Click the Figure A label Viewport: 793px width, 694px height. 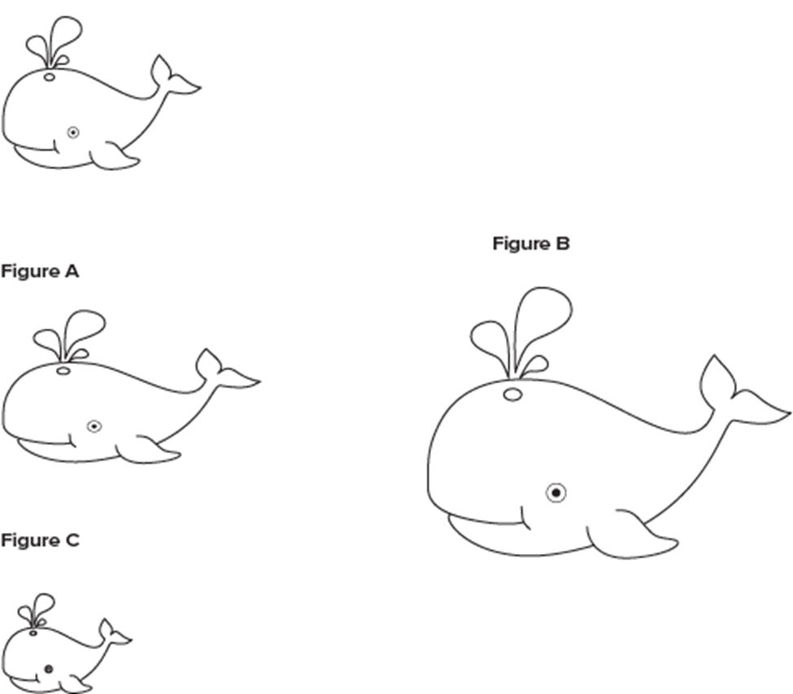pyautogui.click(x=40, y=272)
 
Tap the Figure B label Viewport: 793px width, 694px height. pyautogui.click(x=531, y=244)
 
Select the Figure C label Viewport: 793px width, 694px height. pyautogui.click(x=40, y=541)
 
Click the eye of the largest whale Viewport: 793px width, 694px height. pyautogui.click(x=556, y=492)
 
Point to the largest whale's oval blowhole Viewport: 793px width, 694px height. pyautogui.click(x=512, y=395)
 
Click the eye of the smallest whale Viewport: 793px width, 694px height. pyautogui.click(x=49, y=670)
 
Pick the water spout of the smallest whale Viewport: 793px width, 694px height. pyautogui.click(x=37, y=610)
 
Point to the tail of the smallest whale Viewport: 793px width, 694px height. pyautogui.click(x=113, y=635)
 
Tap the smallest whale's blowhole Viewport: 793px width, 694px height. pyautogui.click(x=33, y=633)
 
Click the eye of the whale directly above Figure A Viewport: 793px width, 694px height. pyautogui.click(x=73, y=133)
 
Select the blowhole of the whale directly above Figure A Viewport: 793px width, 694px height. pyautogui.click(x=49, y=77)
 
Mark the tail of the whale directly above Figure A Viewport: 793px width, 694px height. pyautogui.click(x=175, y=77)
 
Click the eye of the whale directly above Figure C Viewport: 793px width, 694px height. pyautogui.click(x=94, y=426)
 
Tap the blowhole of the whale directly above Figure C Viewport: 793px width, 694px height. pyautogui.click(x=63, y=371)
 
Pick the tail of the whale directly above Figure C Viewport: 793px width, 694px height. pyautogui.click(x=227, y=372)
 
